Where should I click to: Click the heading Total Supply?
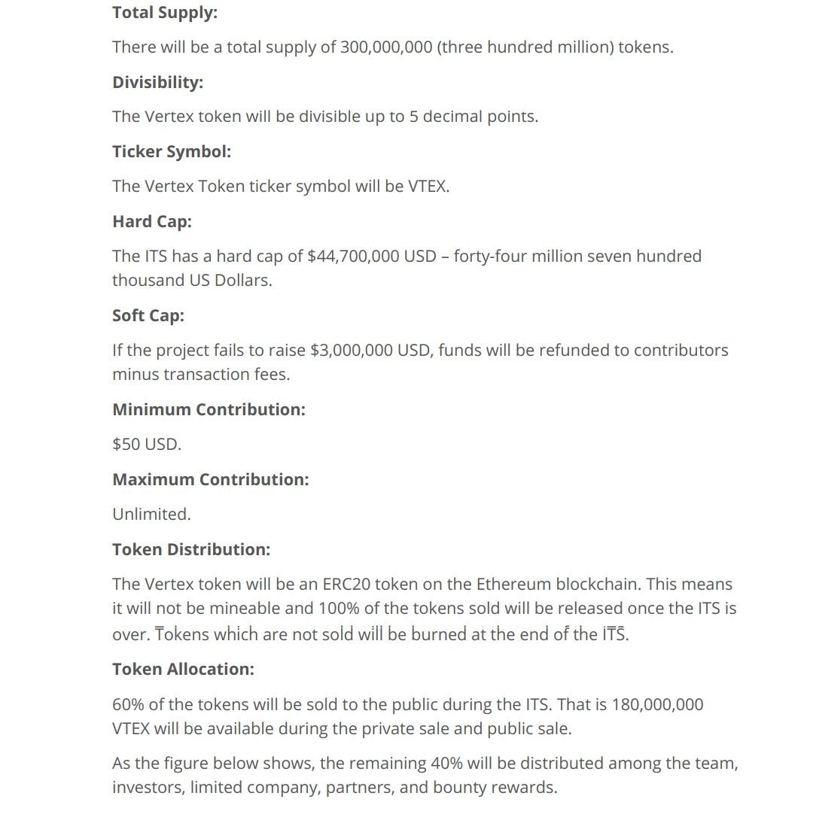pos(165,12)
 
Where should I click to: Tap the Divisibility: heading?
pos(157,82)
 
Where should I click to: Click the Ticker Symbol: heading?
pos(172,151)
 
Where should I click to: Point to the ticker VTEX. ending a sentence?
pos(428,186)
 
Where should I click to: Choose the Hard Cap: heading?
pos(152,221)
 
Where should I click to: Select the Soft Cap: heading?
pos(148,315)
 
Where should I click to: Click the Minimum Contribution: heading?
pos(209,409)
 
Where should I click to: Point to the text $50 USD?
pos(147,444)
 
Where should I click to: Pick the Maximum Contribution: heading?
pos(210,479)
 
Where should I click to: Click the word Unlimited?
pos(151,514)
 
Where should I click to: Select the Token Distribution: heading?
pos(191,549)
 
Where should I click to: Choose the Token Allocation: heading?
pos(183,669)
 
